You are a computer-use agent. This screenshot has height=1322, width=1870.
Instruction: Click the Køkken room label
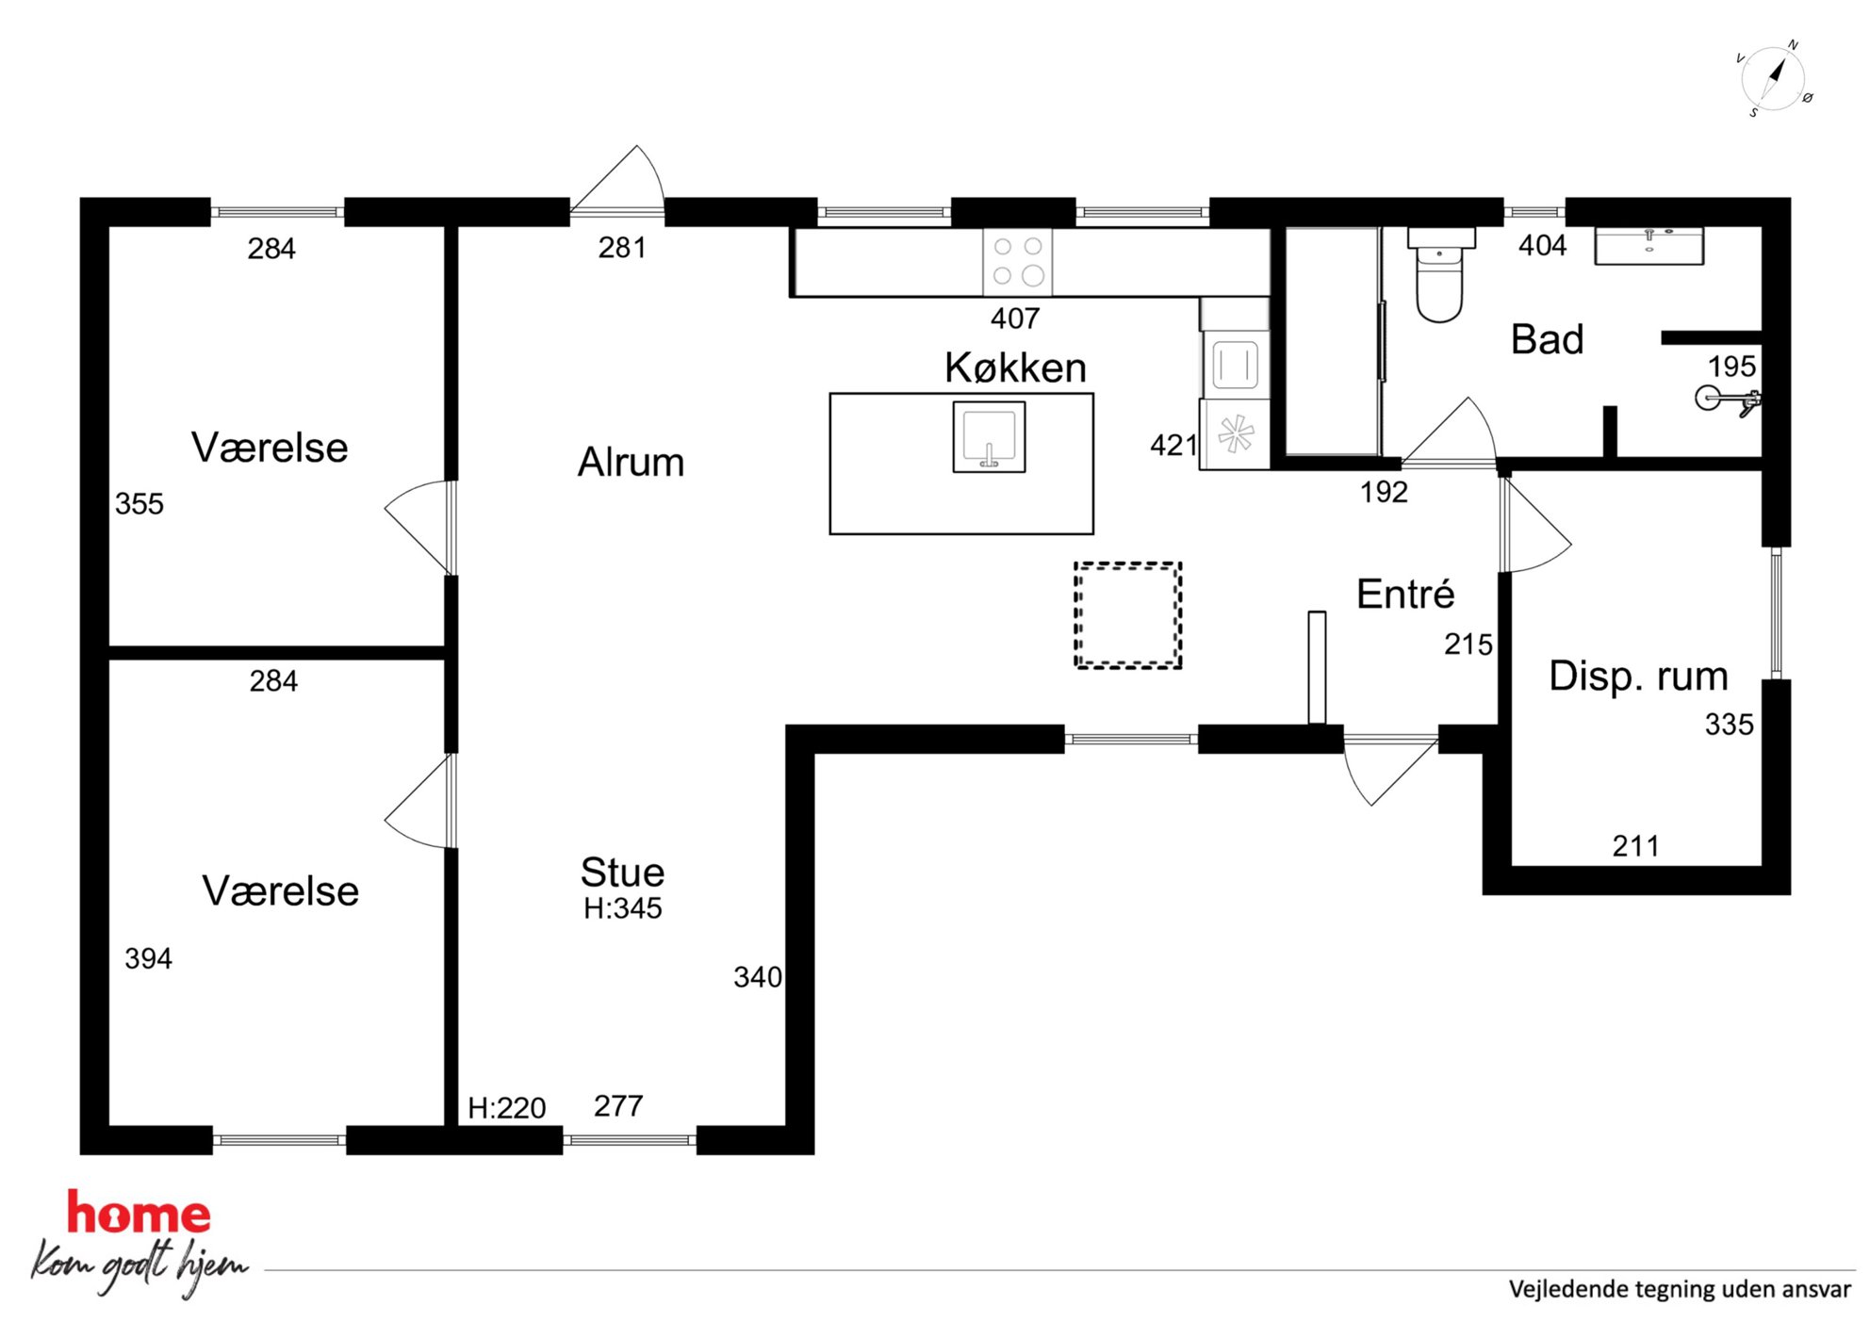(x=1015, y=367)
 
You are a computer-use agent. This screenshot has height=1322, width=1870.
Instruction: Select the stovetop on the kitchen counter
(x=1018, y=261)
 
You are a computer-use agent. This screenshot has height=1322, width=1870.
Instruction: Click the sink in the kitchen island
(x=989, y=436)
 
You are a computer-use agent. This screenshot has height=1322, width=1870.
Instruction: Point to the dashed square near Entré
(x=1128, y=615)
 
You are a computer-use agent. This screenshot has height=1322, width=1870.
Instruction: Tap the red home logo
(x=139, y=1213)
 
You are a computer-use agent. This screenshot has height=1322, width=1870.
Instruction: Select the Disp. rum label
(x=1638, y=677)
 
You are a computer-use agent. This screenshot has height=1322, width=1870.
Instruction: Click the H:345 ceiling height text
(x=622, y=908)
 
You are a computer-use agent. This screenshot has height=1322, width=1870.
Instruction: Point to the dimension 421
(x=1173, y=445)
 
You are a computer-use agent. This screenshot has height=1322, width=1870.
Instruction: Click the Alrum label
(x=631, y=463)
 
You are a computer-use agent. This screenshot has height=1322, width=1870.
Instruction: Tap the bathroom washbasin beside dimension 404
(x=1649, y=245)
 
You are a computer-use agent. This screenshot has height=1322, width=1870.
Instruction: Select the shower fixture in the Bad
(x=1728, y=400)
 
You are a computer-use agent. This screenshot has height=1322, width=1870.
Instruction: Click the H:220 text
(x=506, y=1108)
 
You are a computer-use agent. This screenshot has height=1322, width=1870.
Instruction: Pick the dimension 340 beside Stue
(x=758, y=977)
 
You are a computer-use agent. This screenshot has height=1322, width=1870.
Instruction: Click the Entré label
(x=1405, y=595)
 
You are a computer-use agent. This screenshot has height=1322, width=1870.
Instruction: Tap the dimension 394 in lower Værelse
(x=148, y=958)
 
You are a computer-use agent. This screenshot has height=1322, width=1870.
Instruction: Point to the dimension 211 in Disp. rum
(x=1635, y=846)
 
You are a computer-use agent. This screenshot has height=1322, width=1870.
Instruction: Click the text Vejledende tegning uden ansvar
(x=1680, y=1289)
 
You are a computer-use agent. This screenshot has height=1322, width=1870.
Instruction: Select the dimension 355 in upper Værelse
(x=139, y=504)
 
